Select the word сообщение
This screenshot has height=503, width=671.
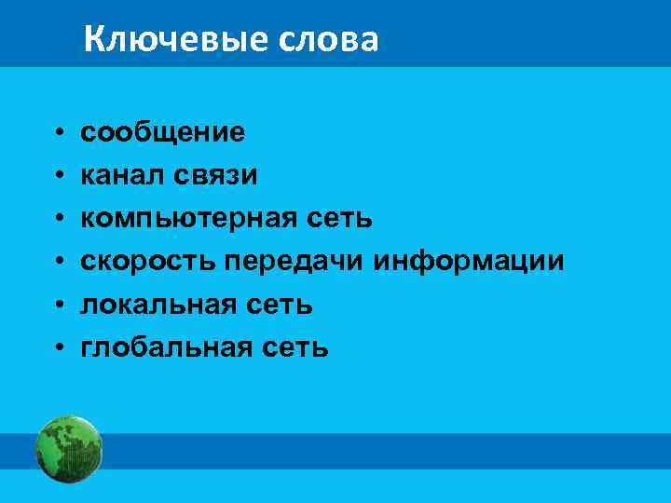coord(163,133)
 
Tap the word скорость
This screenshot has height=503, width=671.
coord(148,262)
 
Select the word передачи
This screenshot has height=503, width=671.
coord(294,262)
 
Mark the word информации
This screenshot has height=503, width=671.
coord(469,262)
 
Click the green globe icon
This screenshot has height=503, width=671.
coord(68,449)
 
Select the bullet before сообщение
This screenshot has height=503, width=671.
coord(58,133)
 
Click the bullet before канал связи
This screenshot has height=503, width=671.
coord(58,176)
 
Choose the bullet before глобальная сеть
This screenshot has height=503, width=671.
coord(58,348)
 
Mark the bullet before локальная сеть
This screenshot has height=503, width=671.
coord(58,306)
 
